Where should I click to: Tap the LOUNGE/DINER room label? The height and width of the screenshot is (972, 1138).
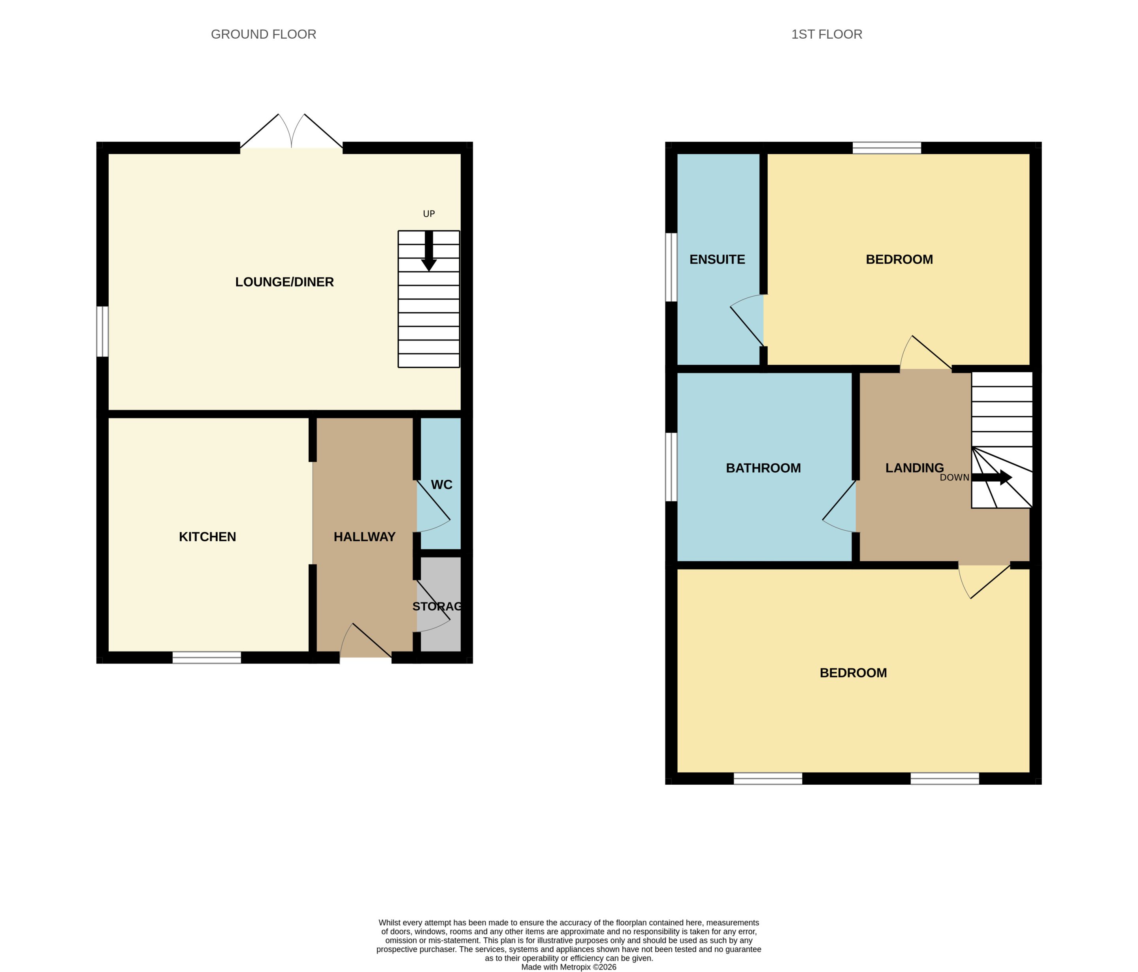pyautogui.click(x=284, y=282)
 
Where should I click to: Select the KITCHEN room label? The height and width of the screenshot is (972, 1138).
pyautogui.click(x=207, y=537)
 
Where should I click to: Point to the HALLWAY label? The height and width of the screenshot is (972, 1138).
pyautogui.click(x=365, y=537)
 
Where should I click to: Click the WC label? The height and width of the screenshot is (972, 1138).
pyautogui.click(x=442, y=484)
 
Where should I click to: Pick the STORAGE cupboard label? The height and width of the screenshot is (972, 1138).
pyautogui.click(x=437, y=606)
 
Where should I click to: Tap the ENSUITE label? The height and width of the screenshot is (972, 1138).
pyautogui.click(x=717, y=259)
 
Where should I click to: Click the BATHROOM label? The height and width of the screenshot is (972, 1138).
pyautogui.click(x=763, y=468)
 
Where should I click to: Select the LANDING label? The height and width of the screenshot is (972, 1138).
pyautogui.click(x=914, y=468)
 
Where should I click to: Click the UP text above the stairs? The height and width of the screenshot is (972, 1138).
pyautogui.click(x=429, y=214)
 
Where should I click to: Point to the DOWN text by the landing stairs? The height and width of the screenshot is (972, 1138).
pyautogui.click(x=955, y=478)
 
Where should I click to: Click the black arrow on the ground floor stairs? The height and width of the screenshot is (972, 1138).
pyautogui.click(x=429, y=251)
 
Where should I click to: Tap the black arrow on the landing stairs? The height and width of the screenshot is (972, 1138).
pyautogui.click(x=992, y=477)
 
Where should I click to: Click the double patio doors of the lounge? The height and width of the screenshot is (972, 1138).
pyautogui.click(x=292, y=132)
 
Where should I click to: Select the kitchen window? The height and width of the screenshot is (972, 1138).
pyautogui.click(x=207, y=657)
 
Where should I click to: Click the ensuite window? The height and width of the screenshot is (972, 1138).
pyautogui.click(x=671, y=267)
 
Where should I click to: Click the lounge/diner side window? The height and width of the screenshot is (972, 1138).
pyautogui.click(x=103, y=331)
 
